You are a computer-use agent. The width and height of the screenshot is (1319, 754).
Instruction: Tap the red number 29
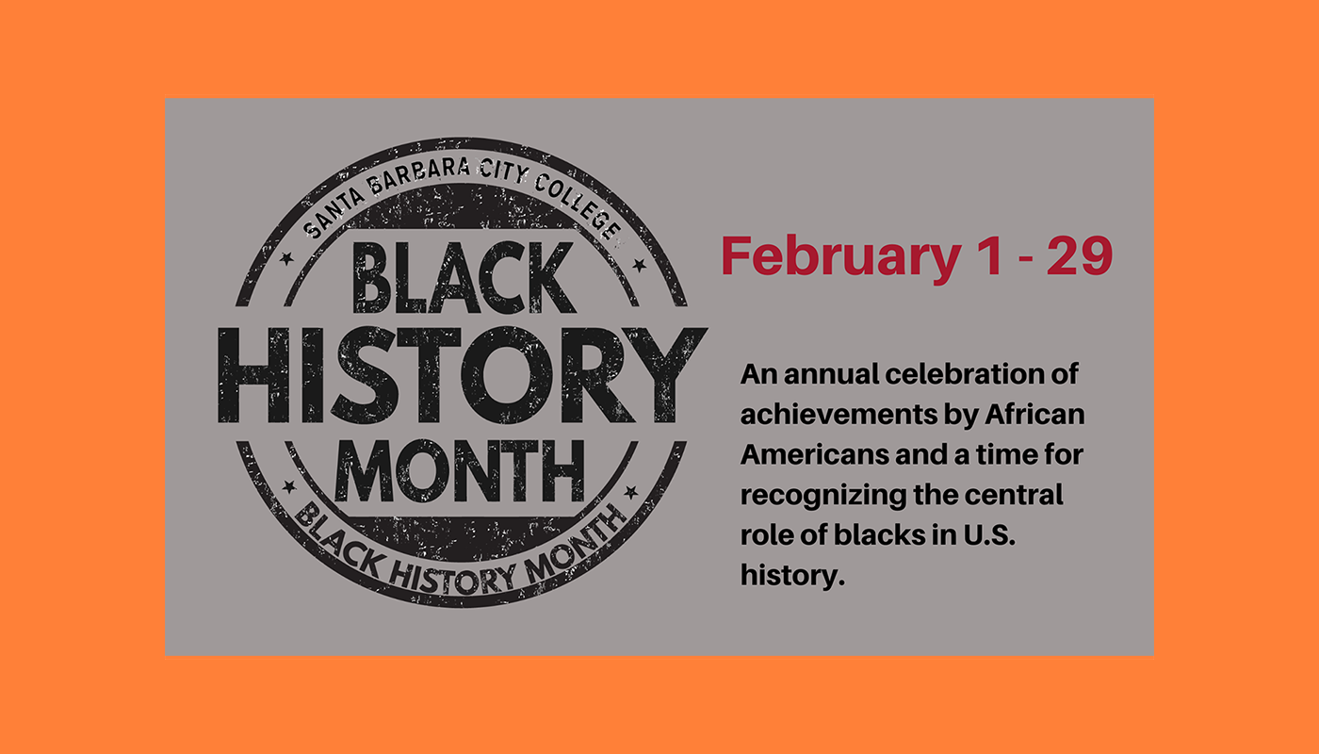pyautogui.click(x=1080, y=255)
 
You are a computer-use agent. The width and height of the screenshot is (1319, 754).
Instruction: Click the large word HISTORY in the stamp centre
pyautogui.click(x=463, y=375)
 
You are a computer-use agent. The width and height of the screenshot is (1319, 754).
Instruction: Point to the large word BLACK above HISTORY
pyautogui.click(x=464, y=277)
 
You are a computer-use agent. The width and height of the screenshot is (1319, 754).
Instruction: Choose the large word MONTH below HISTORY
pyautogui.click(x=460, y=471)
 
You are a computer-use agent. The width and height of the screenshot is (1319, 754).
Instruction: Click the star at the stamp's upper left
pyautogui.click(x=286, y=258)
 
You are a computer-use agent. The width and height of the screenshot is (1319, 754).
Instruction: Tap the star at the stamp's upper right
pyautogui.click(x=640, y=265)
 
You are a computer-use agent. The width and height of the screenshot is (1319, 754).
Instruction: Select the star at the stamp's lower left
pyautogui.click(x=289, y=487)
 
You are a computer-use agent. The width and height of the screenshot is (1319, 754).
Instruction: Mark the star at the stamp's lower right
pyautogui.click(x=631, y=492)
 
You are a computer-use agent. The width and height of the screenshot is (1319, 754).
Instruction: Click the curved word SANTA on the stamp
pyautogui.click(x=334, y=212)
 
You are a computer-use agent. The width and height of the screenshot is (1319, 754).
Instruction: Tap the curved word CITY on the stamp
pyautogui.click(x=503, y=172)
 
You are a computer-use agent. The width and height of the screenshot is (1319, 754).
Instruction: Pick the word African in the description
pyautogui.click(x=1034, y=414)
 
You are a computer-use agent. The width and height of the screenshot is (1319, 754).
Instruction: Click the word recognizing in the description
pyautogui.click(x=823, y=496)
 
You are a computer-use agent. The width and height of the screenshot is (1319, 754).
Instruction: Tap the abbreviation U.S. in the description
pyautogui.click(x=989, y=535)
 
